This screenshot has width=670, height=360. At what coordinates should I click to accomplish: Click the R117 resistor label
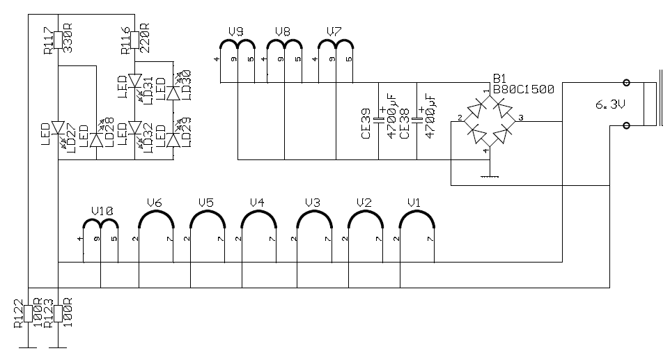point(47,41)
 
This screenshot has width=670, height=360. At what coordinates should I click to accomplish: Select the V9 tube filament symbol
point(237,45)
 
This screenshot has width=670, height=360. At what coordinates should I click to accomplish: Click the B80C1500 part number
point(524,89)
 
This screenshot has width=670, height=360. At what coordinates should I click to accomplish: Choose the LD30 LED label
point(186,82)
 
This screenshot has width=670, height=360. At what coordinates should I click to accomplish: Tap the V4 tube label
point(257,203)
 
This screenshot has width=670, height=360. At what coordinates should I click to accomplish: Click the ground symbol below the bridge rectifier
point(491,175)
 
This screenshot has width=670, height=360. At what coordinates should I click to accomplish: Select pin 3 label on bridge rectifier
point(522,117)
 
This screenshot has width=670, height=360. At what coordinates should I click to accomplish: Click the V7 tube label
point(334,31)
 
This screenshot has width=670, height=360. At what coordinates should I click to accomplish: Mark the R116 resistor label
point(125,40)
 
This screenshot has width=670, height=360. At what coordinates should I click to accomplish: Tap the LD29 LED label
point(186,134)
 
